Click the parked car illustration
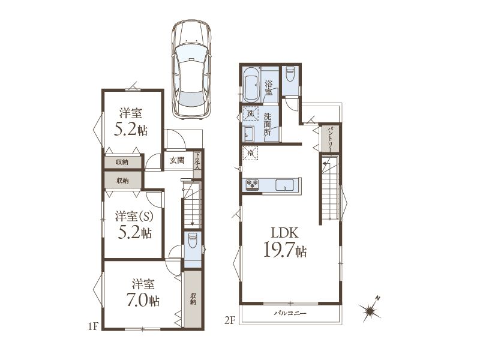[x=191, y=68]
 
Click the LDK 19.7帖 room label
[x=285, y=242]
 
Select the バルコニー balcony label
[x=290, y=313]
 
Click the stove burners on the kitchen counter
[x=253, y=184]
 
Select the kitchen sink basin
[x=284, y=185]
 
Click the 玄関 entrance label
[x=177, y=160]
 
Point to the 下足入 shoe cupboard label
[x=198, y=161]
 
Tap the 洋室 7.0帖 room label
[x=143, y=293]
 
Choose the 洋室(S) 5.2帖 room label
[x=134, y=224]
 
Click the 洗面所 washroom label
[x=268, y=124]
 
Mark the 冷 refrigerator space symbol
[x=250, y=152]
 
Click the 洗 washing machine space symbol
[x=251, y=113]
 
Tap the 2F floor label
[x=230, y=320]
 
